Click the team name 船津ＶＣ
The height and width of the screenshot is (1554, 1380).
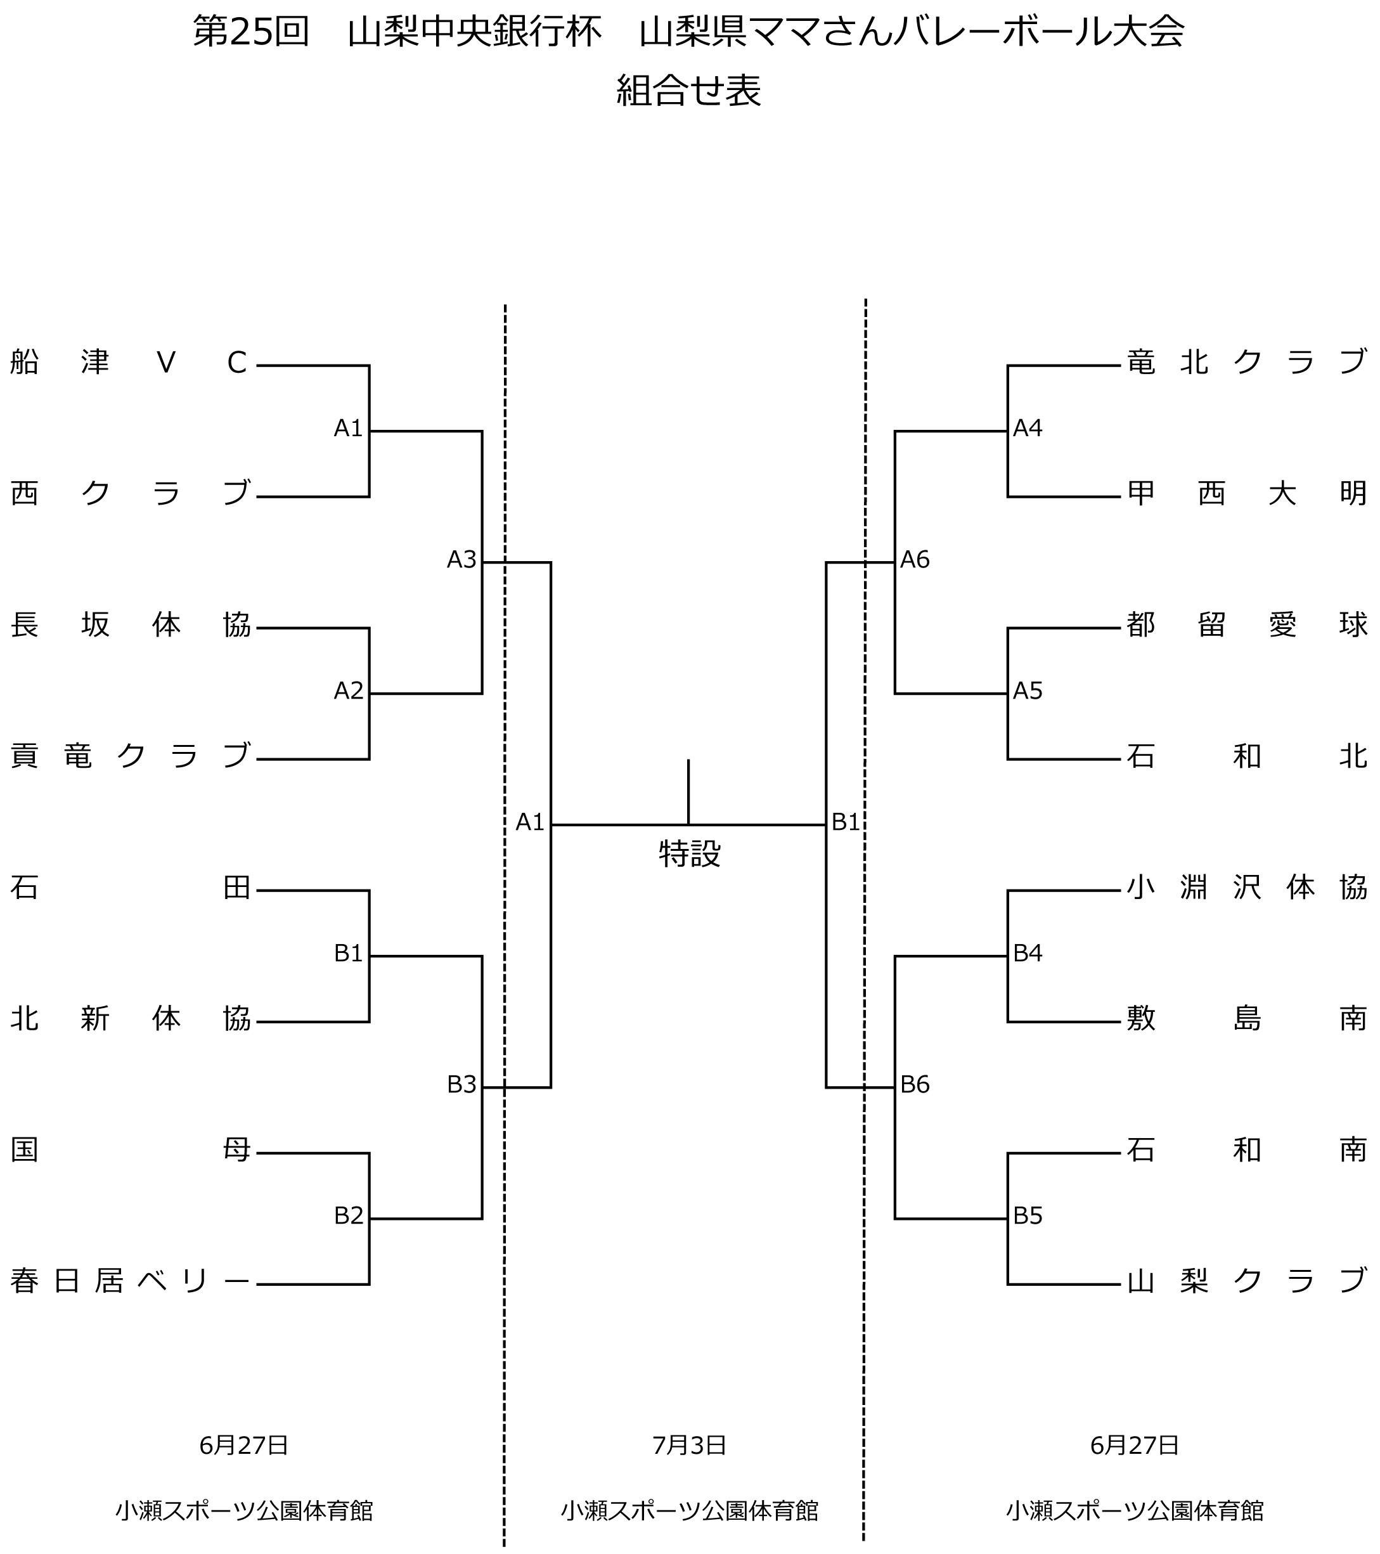pyautogui.click(x=129, y=363)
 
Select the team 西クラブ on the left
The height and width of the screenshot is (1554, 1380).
pyautogui.click(x=129, y=494)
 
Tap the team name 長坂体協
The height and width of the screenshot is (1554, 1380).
pyautogui.click(x=129, y=625)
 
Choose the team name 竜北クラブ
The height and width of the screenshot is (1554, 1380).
pyautogui.click(x=1247, y=363)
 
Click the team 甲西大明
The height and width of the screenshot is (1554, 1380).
pyautogui.click(x=1247, y=494)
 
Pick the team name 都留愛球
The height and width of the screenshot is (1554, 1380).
pyautogui.click(x=1247, y=625)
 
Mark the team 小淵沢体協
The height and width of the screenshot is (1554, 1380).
pyautogui.click(x=1247, y=887)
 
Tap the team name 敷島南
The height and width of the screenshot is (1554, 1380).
pyautogui.click(x=1247, y=1019)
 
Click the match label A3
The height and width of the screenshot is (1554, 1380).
pyautogui.click(x=461, y=560)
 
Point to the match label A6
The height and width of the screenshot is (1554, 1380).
pyautogui.click(x=915, y=560)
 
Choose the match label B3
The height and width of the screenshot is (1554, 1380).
pyautogui.click(x=461, y=1085)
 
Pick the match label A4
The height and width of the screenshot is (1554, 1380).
pyautogui.click(x=1028, y=429)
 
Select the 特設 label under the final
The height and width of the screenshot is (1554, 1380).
pyautogui.click(x=690, y=855)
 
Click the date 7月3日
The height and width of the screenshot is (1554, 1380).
pyautogui.click(x=690, y=1444)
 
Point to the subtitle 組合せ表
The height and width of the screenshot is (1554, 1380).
pyautogui.click(x=689, y=91)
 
